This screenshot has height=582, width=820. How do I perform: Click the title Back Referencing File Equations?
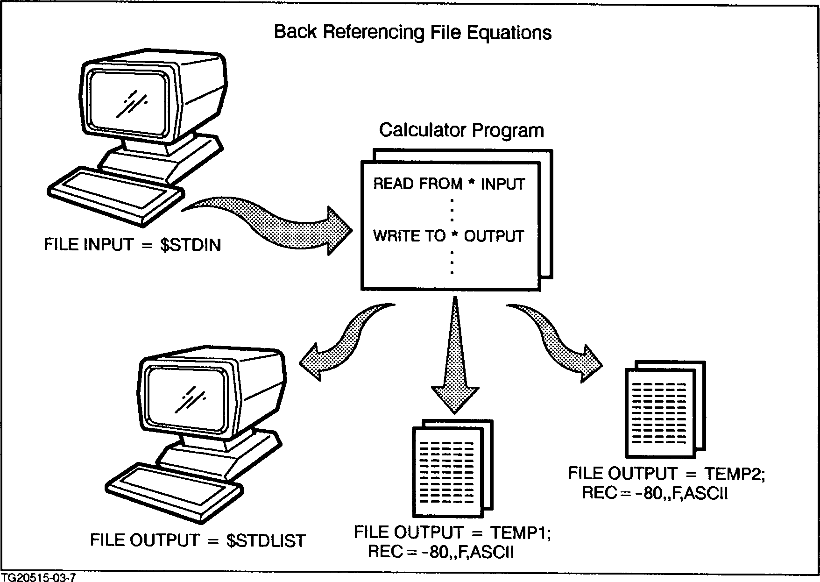[x=413, y=33]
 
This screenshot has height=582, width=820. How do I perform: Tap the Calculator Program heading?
[x=461, y=130]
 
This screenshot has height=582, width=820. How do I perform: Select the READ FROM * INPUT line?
[x=449, y=184]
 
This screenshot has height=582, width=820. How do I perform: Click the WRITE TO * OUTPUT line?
[x=448, y=236]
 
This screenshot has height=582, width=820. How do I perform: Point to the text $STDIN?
[x=190, y=245]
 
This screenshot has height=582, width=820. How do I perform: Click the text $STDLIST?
[x=266, y=541]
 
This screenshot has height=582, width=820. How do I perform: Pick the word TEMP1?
[x=520, y=532]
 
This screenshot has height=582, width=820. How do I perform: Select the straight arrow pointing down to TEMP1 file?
[x=455, y=355]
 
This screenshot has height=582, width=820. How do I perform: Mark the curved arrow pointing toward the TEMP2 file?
[x=560, y=341]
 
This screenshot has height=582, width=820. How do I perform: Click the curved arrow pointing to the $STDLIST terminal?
[x=346, y=341]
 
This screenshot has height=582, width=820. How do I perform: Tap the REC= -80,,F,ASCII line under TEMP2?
[x=655, y=493]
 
